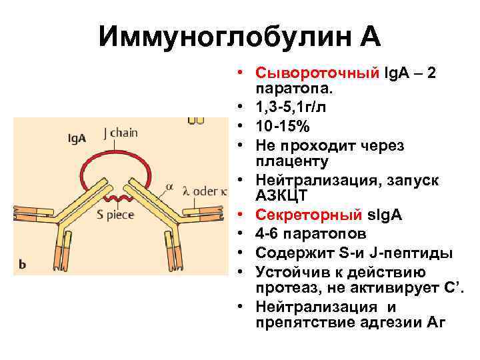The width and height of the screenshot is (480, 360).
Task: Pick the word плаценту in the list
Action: (293, 161)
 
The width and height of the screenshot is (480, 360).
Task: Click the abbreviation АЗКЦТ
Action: (281, 196)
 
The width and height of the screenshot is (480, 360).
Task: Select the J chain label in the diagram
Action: (120, 132)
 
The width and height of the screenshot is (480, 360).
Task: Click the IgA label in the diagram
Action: (76, 137)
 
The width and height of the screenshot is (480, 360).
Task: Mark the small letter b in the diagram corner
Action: (22, 265)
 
